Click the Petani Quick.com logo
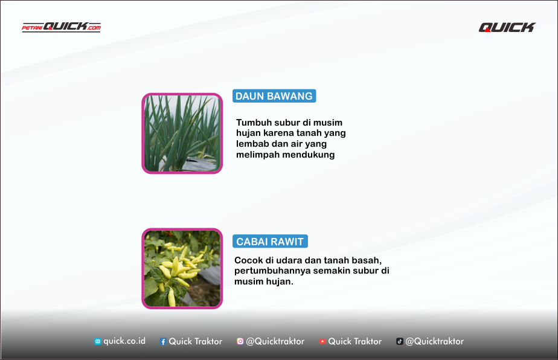coord(61,27)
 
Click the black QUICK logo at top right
coord(507,27)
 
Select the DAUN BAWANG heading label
coord(274,96)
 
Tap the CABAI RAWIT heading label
coord(270,242)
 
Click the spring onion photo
coord(182,133)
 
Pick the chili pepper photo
coord(182,268)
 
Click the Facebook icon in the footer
coord(163,341)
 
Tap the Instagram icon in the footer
coord(240,341)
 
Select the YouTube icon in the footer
coord(322,341)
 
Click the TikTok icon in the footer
coord(400,341)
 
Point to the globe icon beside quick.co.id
coord(97,341)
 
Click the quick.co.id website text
coord(124,341)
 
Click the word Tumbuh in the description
coord(253,123)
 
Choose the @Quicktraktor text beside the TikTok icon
coord(435,341)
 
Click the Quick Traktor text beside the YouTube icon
coord(355,341)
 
